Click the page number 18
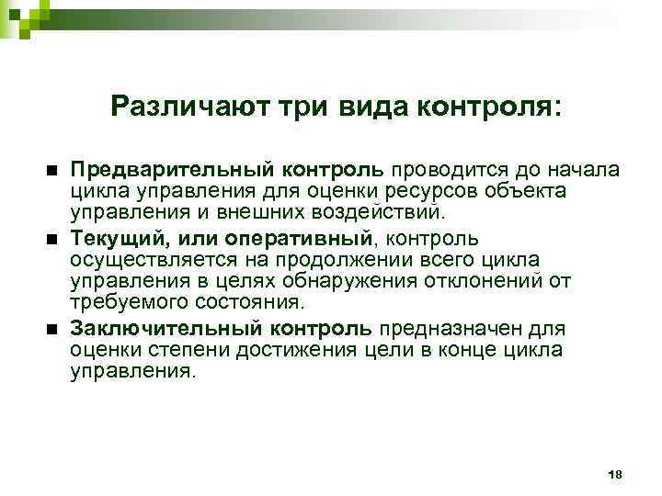(x=615, y=473)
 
